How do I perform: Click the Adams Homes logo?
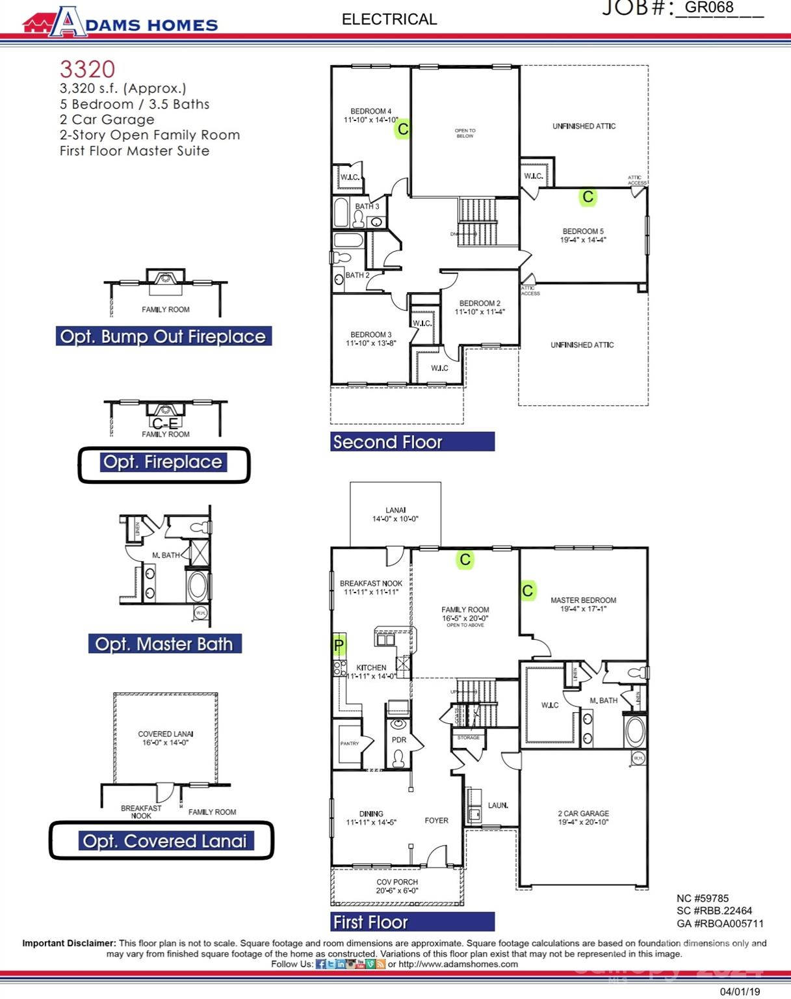coord(120,23)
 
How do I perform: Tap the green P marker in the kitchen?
coord(339,645)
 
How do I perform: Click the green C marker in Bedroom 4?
coord(403,129)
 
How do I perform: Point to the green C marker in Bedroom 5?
coord(588,197)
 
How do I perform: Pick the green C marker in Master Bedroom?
coord(528,591)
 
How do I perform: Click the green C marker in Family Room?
coord(465,559)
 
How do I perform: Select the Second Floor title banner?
coord(412,442)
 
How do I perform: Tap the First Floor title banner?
coord(412,922)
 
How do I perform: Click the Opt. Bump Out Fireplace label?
coord(163,336)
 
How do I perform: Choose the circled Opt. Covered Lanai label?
coord(164,841)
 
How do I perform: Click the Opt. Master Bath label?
coord(164,644)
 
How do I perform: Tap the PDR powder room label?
coord(398,739)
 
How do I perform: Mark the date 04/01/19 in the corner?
coord(740,992)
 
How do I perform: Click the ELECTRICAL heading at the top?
coord(389,20)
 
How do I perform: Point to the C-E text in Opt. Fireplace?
coord(165,424)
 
